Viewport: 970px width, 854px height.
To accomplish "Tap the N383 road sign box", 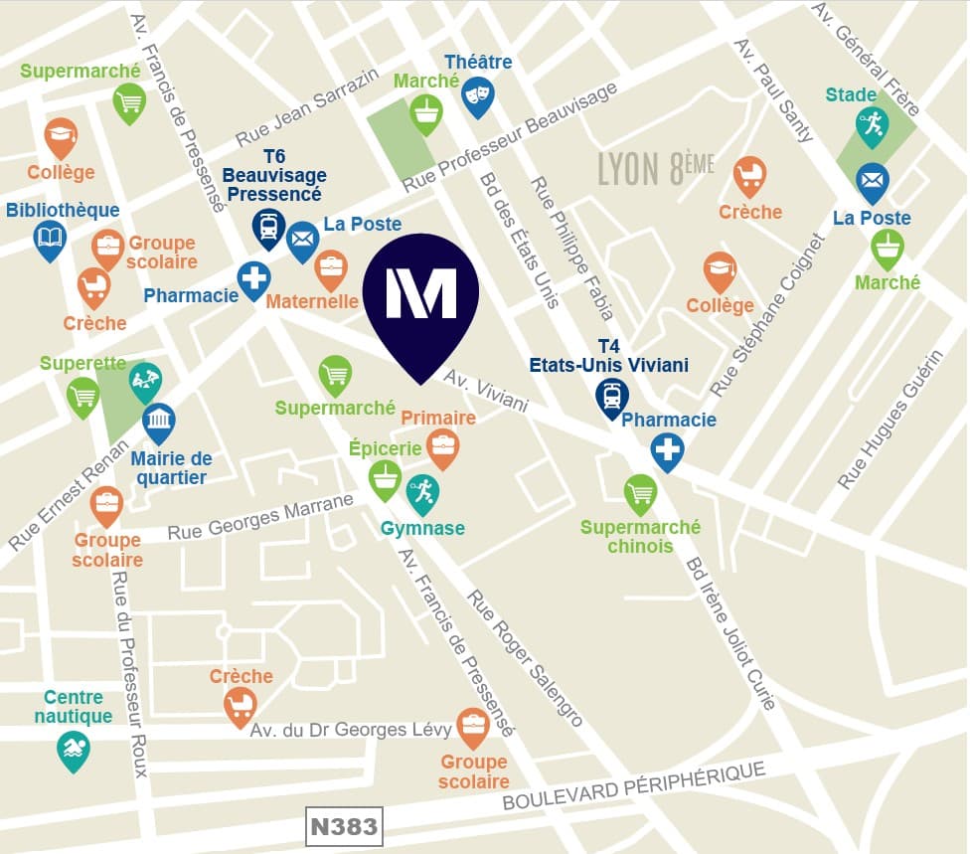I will [x=344, y=826].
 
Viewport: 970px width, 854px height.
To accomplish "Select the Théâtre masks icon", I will [x=478, y=93].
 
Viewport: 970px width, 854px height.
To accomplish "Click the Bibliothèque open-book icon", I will [x=50, y=238].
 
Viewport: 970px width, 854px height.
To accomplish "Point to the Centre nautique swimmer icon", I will [x=74, y=751].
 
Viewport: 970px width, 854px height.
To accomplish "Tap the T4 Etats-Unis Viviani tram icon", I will [x=612, y=396].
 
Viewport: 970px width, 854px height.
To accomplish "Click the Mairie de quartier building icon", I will [x=159, y=423].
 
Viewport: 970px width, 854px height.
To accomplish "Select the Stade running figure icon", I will [x=871, y=125].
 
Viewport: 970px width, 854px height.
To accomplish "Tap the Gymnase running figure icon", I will [x=422, y=491].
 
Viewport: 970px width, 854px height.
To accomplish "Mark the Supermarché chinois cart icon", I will [x=641, y=492].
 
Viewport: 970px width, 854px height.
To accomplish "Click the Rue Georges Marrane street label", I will [x=260, y=517].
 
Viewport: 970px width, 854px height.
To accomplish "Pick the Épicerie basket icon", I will [x=386, y=477].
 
